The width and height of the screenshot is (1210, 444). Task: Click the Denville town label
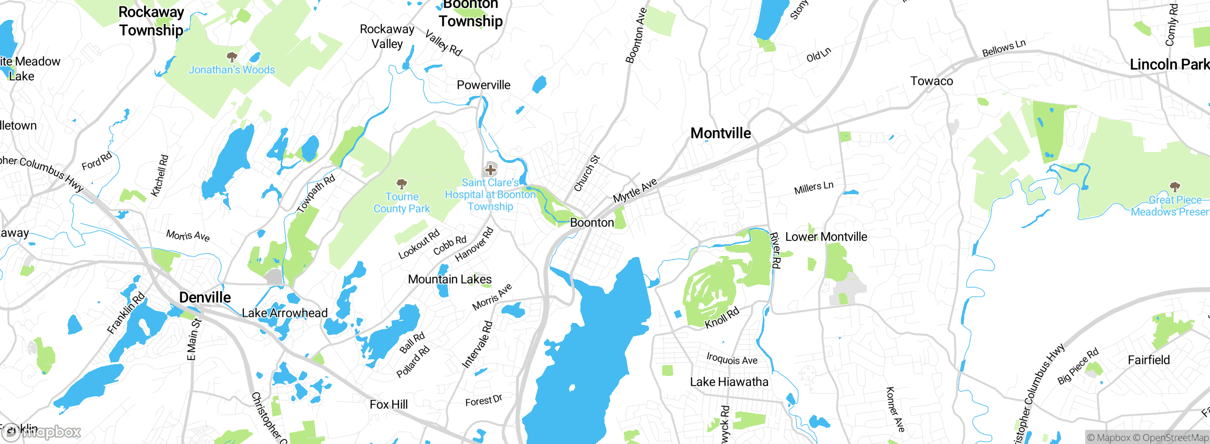point(205,297)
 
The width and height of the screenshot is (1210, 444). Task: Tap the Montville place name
point(720,133)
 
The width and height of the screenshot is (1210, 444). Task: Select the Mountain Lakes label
point(449,279)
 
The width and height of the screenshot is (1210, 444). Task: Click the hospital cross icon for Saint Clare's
point(491,170)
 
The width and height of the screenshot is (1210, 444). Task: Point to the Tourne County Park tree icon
point(402,183)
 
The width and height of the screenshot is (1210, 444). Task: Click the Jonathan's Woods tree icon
point(232,57)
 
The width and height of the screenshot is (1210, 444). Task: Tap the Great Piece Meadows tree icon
point(1175,187)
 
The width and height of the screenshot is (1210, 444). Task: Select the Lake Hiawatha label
point(729,382)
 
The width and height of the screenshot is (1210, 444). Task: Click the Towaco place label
point(931,81)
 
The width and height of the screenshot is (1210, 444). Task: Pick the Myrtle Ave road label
point(635,190)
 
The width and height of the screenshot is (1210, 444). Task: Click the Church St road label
point(587,173)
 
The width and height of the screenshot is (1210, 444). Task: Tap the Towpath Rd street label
point(316,194)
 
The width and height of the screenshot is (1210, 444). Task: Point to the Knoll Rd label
point(722,318)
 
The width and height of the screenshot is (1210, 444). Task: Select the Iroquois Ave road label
point(732,359)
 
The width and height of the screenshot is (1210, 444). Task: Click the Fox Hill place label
point(389,404)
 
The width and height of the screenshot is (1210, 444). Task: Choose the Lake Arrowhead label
point(285,313)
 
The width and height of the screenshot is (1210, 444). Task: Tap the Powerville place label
point(483,85)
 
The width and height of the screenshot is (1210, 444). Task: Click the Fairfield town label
point(1149,360)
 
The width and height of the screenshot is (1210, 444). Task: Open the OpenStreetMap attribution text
point(1175,438)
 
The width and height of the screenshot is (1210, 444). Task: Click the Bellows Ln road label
point(1003,48)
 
